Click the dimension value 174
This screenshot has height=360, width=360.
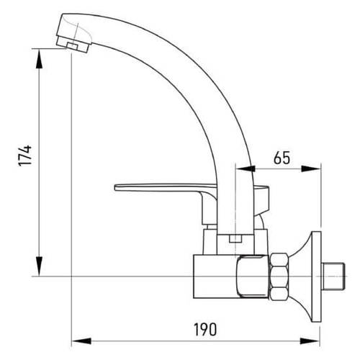click(x=24, y=156)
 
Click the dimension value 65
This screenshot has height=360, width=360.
click(x=282, y=158)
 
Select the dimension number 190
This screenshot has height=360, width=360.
click(x=205, y=330)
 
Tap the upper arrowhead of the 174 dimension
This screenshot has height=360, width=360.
click(x=39, y=59)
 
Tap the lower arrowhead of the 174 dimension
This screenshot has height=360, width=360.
click(x=39, y=266)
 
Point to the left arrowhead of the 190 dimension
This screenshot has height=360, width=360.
click(x=81, y=341)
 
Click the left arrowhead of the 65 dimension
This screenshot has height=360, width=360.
click(x=246, y=169)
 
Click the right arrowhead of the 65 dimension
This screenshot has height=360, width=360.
click(x=311, y=169)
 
